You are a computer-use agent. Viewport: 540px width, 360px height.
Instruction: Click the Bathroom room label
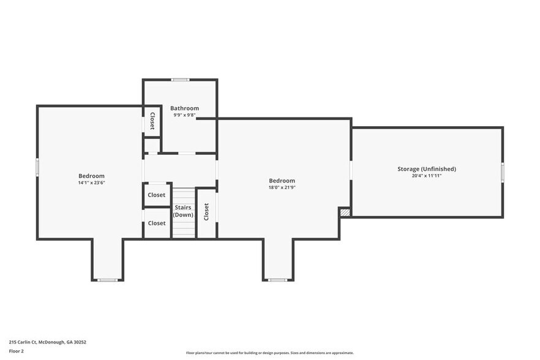pos(184,108)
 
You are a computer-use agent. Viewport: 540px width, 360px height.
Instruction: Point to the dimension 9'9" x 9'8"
pos(184,115)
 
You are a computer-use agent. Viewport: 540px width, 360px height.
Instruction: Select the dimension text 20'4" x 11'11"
pos(426,176)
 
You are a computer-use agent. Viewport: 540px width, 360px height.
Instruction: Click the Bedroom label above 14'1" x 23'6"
pos(91,176)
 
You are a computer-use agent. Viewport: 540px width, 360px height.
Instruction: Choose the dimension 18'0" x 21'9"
pos(282,187)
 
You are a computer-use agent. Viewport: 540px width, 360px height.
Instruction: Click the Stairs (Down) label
pos(182,211)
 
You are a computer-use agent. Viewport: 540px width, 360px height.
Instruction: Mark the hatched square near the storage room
pos(345,212)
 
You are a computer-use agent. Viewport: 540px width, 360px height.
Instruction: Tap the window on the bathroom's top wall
pos(179,80)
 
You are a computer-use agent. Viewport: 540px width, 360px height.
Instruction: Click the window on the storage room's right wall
pos(502,173)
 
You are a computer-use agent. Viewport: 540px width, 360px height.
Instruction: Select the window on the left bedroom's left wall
pos(37,167)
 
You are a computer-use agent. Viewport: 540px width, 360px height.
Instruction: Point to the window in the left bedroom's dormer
pos(108,280)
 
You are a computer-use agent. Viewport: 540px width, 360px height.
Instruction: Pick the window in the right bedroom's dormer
pos(277,280)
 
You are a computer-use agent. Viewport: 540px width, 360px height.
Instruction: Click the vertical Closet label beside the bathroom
pos(152,121)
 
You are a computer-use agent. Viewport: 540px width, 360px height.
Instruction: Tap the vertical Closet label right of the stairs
pos(206,212)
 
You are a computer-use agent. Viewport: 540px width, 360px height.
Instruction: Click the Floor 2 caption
pos(17,351)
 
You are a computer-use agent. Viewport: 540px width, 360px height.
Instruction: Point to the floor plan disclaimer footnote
pos(269,353)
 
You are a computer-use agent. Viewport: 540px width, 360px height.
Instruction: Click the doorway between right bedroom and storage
pos(351,170)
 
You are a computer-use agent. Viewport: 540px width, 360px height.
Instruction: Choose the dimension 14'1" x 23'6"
pos(91,182)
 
